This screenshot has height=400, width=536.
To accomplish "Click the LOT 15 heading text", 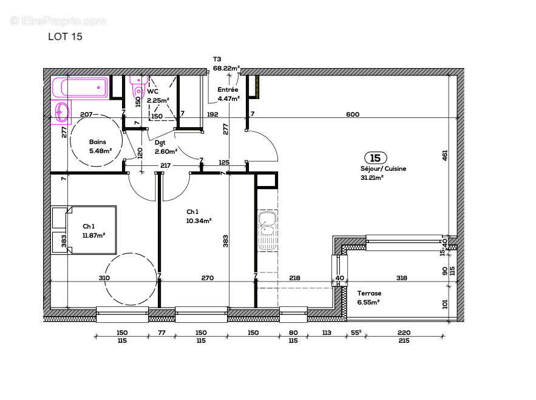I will click(x=65, y=36).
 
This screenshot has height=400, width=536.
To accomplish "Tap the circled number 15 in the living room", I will click(x=375, y=159).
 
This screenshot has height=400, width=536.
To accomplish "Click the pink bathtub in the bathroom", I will click(x=80, y=88).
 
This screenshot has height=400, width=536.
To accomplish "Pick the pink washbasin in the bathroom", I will click(x=61, y=112).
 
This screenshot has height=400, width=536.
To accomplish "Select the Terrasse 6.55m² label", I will click(x=368, y=297).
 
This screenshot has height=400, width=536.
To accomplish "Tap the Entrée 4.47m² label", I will click(x=228, y=93).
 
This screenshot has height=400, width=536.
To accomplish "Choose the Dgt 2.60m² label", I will click(x=165, y=148).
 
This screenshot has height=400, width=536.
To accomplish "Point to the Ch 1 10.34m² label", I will click(x=198, y=216).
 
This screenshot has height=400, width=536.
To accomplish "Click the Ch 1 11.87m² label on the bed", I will click(x=93, y=230).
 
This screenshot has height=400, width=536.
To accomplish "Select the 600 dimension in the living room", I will click(x=353, y=115).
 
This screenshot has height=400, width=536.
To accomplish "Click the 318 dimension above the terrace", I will click(x=401, y=278).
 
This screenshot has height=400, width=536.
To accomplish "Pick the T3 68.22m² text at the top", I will click(x=226, y=64).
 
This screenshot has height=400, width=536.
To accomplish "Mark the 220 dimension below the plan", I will click(x=404, y=333).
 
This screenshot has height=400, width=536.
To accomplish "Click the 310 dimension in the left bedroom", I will click(x=104, y=278).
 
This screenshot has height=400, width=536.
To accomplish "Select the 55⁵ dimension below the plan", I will click(x=356, y=333).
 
